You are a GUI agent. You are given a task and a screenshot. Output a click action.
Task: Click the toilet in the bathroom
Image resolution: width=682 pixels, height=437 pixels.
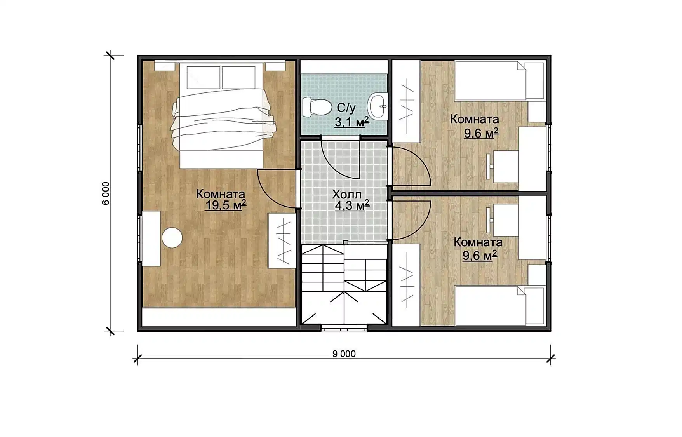[x=317, y=107]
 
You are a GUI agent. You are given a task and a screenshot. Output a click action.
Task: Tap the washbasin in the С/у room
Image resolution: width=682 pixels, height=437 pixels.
[x=378, y=106]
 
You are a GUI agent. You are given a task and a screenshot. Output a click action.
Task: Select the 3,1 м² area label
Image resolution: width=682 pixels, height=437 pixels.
[x=351, y=122]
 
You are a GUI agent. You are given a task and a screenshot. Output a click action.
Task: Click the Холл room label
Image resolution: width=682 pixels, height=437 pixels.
[x=347, y=194]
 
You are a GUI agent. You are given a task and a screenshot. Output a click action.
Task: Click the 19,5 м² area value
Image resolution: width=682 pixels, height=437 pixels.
[x=225, y=205]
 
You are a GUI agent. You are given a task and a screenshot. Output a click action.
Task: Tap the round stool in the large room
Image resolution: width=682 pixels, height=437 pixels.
[x=172, y=237]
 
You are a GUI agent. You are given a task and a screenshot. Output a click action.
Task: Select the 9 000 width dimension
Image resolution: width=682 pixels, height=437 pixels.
[x=344, y=354]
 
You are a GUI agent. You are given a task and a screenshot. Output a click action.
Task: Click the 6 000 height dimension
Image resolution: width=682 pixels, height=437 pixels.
[x=106, y=193]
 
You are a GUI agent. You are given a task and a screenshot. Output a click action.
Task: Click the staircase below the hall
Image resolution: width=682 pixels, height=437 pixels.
[x=344, y=285]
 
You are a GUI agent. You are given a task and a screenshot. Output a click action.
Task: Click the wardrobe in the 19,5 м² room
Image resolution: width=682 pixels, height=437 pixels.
[x=282, y=240]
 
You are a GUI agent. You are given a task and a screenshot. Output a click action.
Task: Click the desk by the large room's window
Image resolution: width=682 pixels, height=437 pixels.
[x=151, y=239]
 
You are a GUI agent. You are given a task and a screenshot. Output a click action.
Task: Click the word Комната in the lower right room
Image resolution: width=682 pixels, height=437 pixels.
[x=478, y=242]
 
